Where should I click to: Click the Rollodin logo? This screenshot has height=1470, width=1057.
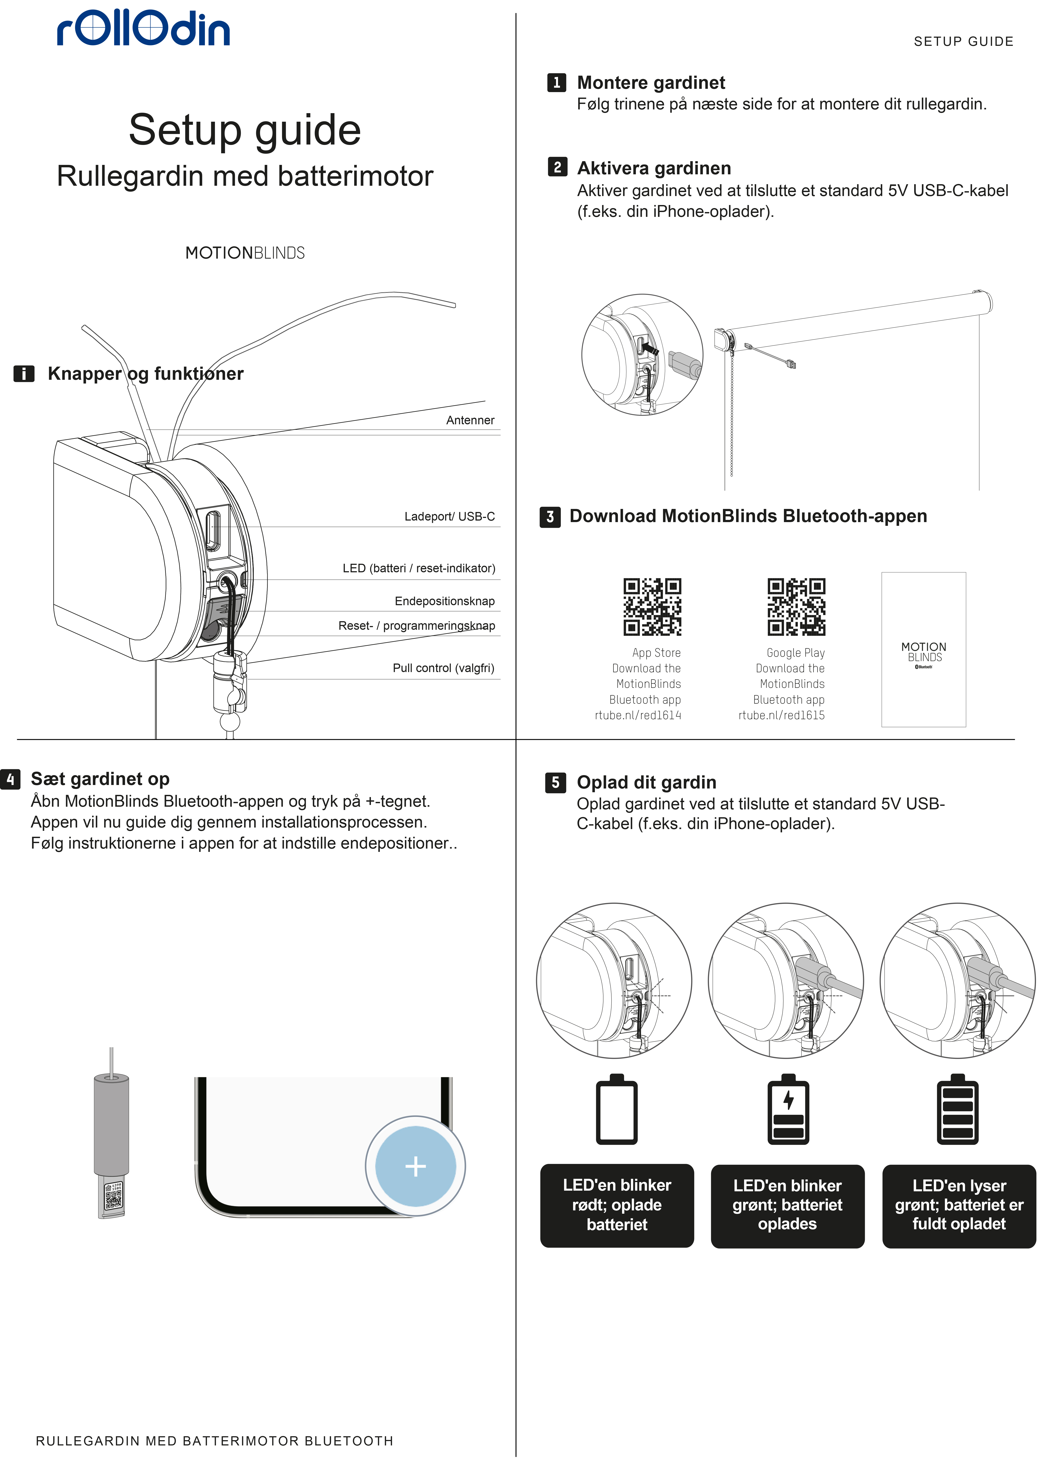point(143,29)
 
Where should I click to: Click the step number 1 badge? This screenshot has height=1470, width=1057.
point(556,83)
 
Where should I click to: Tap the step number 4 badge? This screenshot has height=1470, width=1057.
point(10,779)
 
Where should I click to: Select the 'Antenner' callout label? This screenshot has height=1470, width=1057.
point(470,420)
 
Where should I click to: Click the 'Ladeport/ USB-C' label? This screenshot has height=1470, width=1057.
point(449,517)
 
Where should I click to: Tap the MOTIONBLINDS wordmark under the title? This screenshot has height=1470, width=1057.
point(245,253)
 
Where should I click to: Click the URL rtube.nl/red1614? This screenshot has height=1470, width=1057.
point(638,715)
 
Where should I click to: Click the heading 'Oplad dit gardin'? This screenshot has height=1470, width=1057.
point(647,782)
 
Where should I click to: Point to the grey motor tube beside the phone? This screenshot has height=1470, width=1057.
point(112,1128)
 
